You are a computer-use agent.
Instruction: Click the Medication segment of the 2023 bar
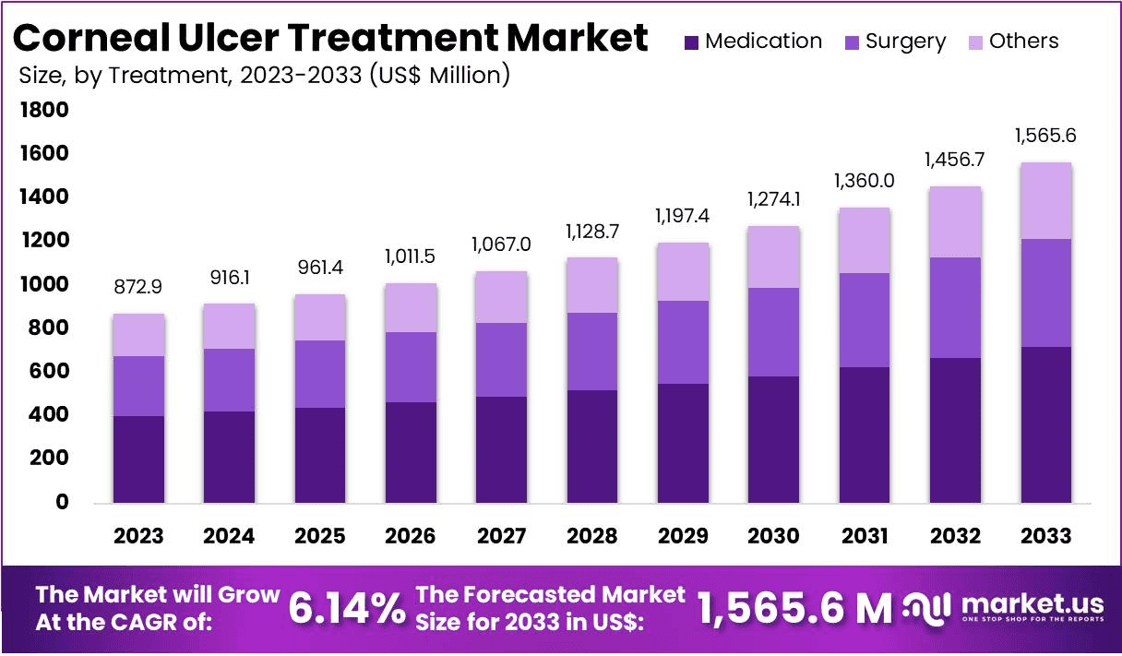(138, 459)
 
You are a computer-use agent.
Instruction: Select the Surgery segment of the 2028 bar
(592, 352)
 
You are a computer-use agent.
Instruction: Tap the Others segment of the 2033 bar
(1046, 200)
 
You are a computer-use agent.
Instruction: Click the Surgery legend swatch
(852, 42)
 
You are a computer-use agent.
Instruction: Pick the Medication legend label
(763, 42)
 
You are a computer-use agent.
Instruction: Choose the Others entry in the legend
(1023, 42)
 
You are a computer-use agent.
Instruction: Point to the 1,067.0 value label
(502, 245)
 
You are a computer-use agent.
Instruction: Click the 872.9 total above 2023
(138, 288)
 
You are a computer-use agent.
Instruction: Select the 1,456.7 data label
(955, 160)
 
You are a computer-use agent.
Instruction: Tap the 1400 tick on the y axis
(42, 197)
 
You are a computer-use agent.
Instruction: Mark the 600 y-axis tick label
(49, 372)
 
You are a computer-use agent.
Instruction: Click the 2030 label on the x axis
(774, 536)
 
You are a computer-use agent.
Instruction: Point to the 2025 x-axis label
(320, 536)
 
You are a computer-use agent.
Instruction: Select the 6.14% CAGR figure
(346, 608)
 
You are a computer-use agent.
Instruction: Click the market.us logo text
(1032, 603)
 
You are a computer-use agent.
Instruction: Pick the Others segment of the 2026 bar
(411, 307)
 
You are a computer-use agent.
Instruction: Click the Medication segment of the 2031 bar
(865, 435)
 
